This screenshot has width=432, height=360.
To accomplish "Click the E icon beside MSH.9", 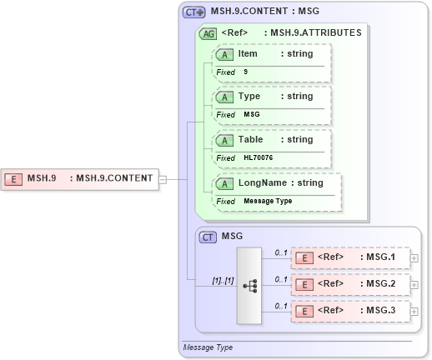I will click(x=13, y=177).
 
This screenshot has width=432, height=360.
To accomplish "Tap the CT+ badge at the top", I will click(x=194, y=12).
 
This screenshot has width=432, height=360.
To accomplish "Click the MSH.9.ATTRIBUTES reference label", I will click(x=312, y=33).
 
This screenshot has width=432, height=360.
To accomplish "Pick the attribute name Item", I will click(x=248, y=54).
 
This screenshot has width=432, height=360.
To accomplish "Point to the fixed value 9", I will click(x=246, y=72).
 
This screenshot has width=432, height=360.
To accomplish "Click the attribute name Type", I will click(x=249, y=97).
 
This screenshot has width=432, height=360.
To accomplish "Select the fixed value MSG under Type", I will click(x=252, y=114).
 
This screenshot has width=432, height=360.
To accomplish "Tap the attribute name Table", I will click(x=250, y=140).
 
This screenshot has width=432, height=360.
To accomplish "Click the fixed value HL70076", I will click(x=258, y=157).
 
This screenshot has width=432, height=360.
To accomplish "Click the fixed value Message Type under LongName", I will click(x=267, y=201).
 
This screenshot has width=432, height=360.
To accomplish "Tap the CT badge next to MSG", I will click(x=208, y=237).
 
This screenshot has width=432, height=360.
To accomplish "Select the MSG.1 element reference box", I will click(x=349, y=257).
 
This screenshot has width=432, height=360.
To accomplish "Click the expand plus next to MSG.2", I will click(x=414, y=285).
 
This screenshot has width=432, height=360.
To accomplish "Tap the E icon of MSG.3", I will click(x=306, y=311).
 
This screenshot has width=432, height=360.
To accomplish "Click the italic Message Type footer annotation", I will click(x=208, y=347).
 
